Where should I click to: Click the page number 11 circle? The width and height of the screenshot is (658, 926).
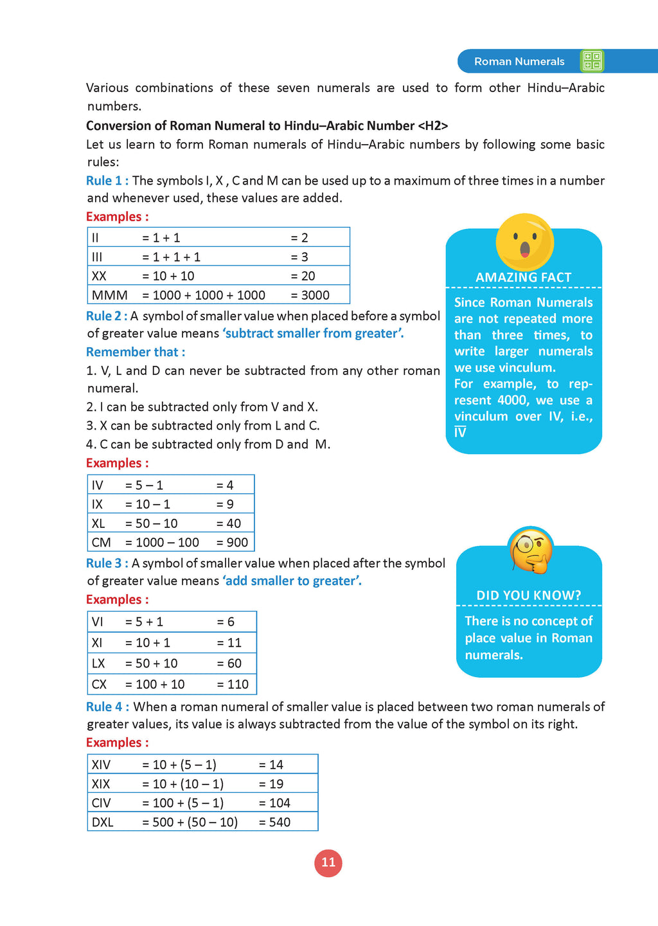tap(328, 863)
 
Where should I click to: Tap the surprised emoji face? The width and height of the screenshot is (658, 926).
tap(524, 242)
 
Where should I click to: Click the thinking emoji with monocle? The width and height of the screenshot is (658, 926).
tap(530, 550)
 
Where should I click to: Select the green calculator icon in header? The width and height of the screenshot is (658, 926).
tap(592, 61)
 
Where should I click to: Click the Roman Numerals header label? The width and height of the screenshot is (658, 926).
tap(519, 62)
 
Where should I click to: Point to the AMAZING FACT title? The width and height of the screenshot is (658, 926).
tap(523, 278)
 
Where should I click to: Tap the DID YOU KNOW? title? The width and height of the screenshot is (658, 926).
tap(528, 595)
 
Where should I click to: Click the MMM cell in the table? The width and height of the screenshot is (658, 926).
tap(110, 295)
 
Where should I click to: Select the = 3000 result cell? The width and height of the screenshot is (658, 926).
tap(310, 295)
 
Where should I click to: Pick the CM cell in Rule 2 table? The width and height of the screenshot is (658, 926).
tap(102, 543)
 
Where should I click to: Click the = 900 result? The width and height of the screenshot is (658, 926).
tap(232, 543)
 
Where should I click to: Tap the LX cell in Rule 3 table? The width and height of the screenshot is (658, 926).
tap(98, 664)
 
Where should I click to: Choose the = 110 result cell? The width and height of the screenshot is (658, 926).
tap(233, 685)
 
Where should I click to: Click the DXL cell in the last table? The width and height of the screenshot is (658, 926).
tap(103, 822)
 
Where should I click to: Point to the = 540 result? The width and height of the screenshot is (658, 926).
tap(274, 822)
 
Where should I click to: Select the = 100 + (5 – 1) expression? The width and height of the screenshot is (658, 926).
tap(183, 803)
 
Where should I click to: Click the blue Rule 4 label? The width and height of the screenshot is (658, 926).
tap(107, 707)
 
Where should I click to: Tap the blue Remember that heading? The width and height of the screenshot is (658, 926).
tap(136, 352)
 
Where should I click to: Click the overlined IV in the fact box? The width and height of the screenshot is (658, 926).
tap(460, 433)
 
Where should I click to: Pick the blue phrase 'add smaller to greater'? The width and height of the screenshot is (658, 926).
tap(292, 581)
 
